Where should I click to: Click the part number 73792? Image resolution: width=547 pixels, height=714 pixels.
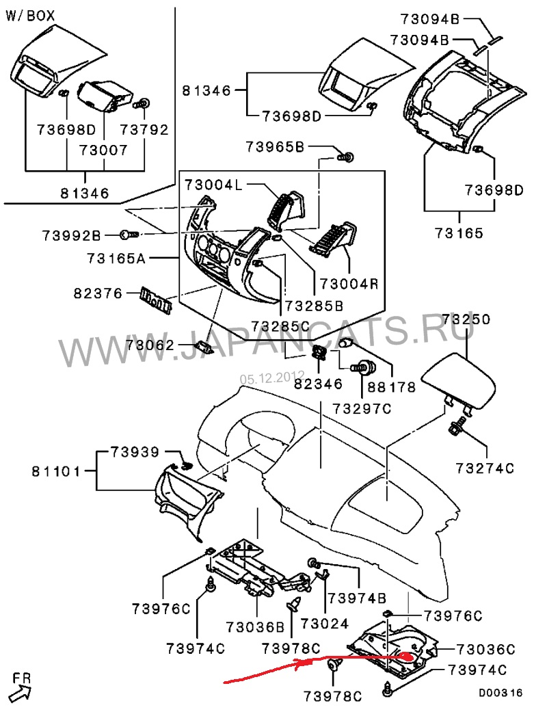[145, 128]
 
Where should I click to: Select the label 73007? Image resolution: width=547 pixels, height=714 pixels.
[104, 149]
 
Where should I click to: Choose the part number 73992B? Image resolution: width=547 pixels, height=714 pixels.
[70, 236]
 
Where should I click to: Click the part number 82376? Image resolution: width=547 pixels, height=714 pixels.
[98, 294]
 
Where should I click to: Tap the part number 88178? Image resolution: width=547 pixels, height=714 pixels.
[392, 386]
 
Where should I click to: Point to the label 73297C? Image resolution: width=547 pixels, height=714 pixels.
[361, 408]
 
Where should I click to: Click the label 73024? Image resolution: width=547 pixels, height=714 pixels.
[324, 624]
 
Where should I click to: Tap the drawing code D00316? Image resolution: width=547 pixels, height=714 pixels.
[500, 693]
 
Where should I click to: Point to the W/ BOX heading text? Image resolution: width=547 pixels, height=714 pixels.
[31, 15]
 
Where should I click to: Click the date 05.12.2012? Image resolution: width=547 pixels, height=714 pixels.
[271, 376]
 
